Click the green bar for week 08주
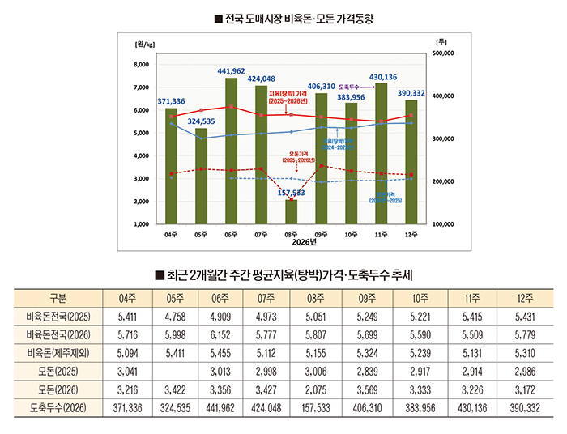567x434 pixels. (x=291, y=212)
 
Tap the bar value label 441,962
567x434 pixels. (x=231, y=71)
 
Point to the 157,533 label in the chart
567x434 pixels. (x=291, y=194)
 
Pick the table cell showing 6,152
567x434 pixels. (x=231, y=334)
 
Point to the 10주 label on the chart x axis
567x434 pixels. (x=351, y=234)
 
